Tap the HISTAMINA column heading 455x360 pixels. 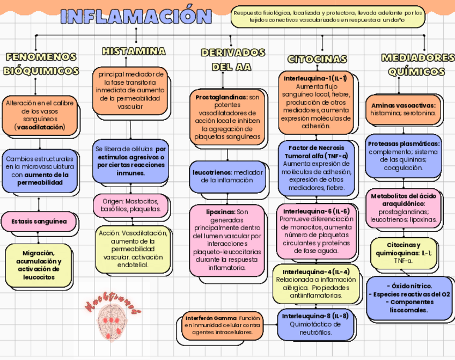click(134, 52)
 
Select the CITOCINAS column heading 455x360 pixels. click(317, 58)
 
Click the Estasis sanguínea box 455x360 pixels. click(40, 221)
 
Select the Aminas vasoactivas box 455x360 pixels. click(403, 109)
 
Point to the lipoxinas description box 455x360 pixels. click(227, 239)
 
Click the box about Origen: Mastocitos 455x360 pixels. click(131, 205)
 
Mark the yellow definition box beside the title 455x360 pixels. click(328, 16)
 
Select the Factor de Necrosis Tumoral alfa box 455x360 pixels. click(316, 167)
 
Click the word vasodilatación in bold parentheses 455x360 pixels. click(40, 128)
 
